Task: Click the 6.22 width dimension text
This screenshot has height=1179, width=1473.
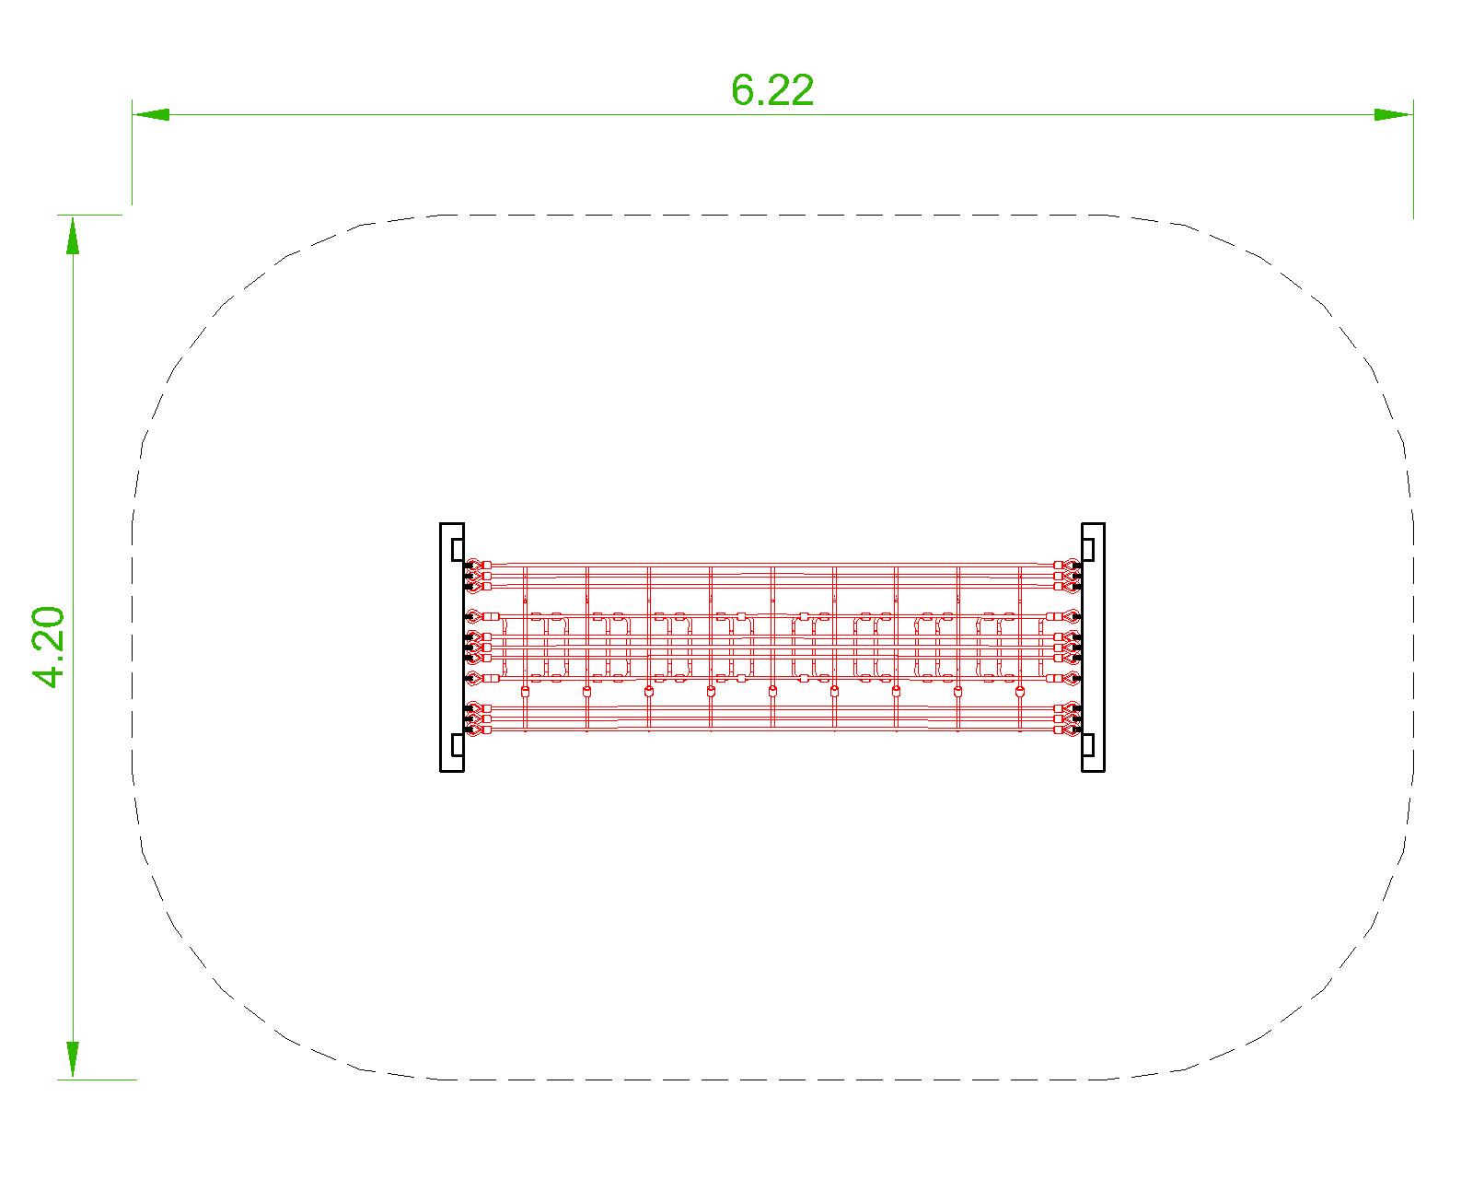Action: coord(772,89)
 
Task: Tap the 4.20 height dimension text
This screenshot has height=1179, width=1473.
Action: coord(50,647)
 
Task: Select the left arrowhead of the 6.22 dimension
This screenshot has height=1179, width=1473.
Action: coord(151,114)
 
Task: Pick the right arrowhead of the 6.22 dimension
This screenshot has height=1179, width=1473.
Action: coord(1394,114)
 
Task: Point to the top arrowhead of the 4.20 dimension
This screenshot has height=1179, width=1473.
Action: coord(73,234)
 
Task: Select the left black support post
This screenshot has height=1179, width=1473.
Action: coord(452,648)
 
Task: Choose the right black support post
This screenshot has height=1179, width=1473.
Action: coord(1093,648)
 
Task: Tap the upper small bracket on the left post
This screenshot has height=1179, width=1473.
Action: coord(458,549)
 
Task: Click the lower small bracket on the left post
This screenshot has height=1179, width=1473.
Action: coord(458,745)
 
